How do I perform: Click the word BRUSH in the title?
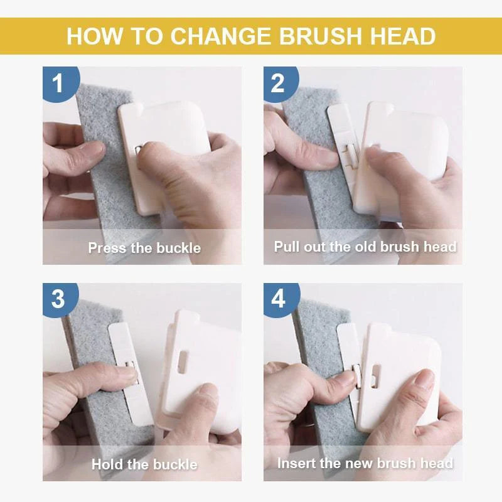click(314, 36)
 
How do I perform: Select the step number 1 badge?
click(58, 82)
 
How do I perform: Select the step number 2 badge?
click(278, 82)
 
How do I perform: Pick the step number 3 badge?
click(58, 298)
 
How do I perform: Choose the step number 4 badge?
click(278, 298)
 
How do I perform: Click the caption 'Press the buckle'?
click(144, 248)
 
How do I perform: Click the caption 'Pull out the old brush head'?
click(365, 247)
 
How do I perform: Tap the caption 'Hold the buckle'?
click(144, 465)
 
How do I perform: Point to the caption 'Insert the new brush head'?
click(365, 464)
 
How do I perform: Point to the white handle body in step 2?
click(402, 138)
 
